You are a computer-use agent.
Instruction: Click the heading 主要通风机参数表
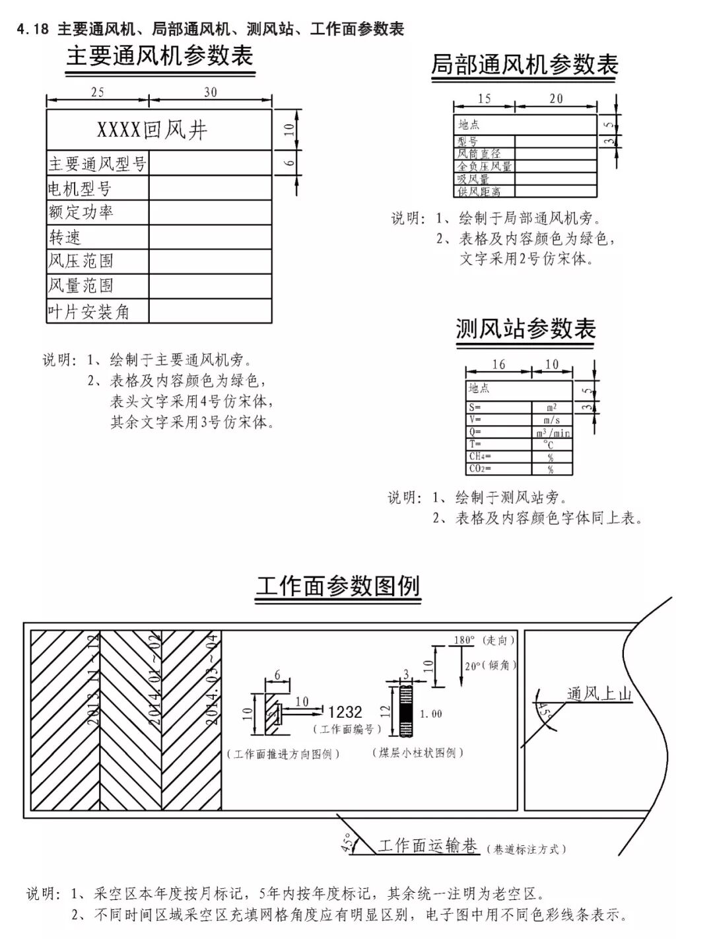(160, 57)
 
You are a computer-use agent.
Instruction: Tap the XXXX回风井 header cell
(153, 130)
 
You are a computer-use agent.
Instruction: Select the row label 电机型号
(80, 188)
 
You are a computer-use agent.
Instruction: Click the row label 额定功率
(81, 213)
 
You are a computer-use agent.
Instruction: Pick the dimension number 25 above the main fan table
(97, 92)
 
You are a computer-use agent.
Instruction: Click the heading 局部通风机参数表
(524, 65)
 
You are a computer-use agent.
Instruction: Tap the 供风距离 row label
(479, 191)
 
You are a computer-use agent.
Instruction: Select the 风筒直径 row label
(479, 153)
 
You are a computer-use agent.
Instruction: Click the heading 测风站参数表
(526, 329)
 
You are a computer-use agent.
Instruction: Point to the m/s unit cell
(552, 420)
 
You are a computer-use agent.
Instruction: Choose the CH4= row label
(480, 457)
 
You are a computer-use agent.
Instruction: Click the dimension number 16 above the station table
(498, 365)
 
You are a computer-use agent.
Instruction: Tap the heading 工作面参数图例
(337, 586)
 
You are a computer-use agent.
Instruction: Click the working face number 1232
(345, 712)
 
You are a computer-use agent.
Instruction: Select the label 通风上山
(599, 693)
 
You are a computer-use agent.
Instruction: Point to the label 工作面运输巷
(427, 846)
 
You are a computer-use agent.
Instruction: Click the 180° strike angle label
(464, 640)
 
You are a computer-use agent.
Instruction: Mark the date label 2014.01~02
(155, 680)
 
